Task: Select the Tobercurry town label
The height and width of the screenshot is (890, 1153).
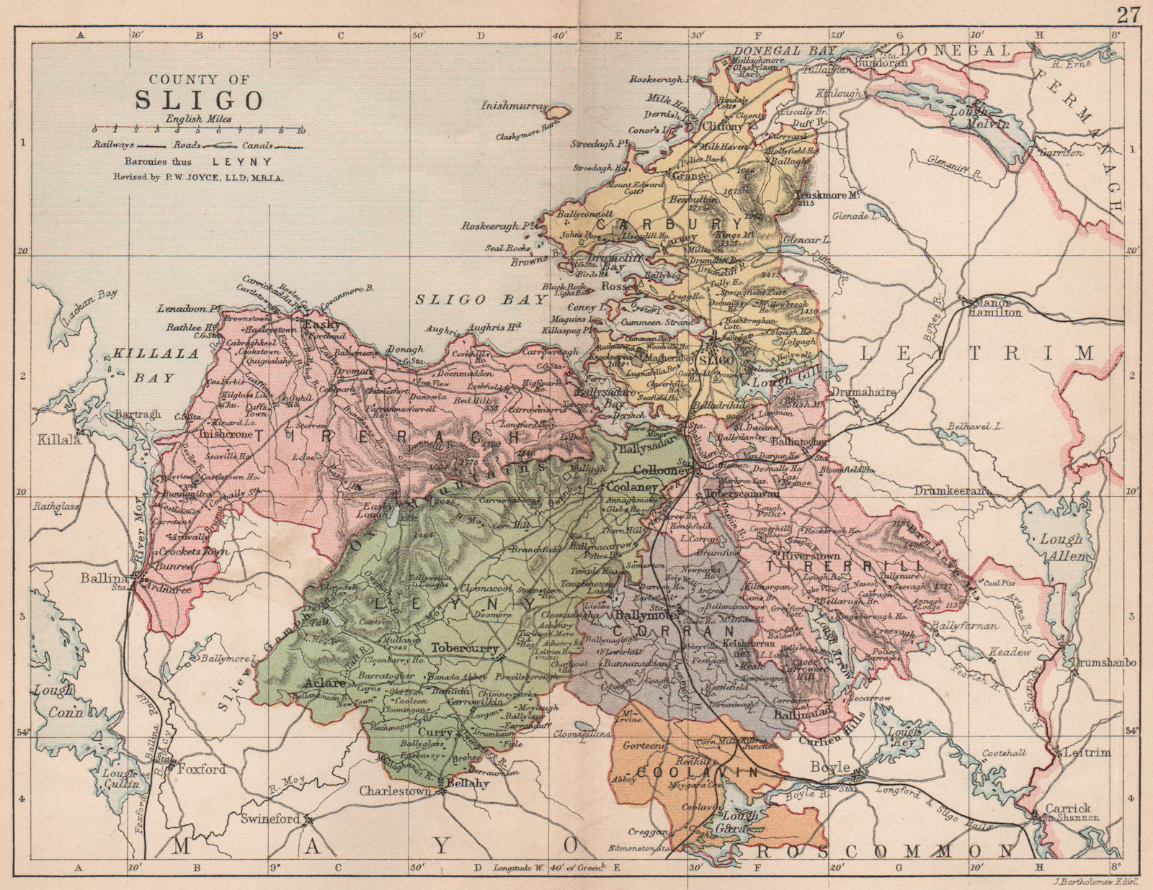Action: click(x=465, y=648)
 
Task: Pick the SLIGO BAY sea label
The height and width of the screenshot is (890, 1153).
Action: click(x=462, y=300)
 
